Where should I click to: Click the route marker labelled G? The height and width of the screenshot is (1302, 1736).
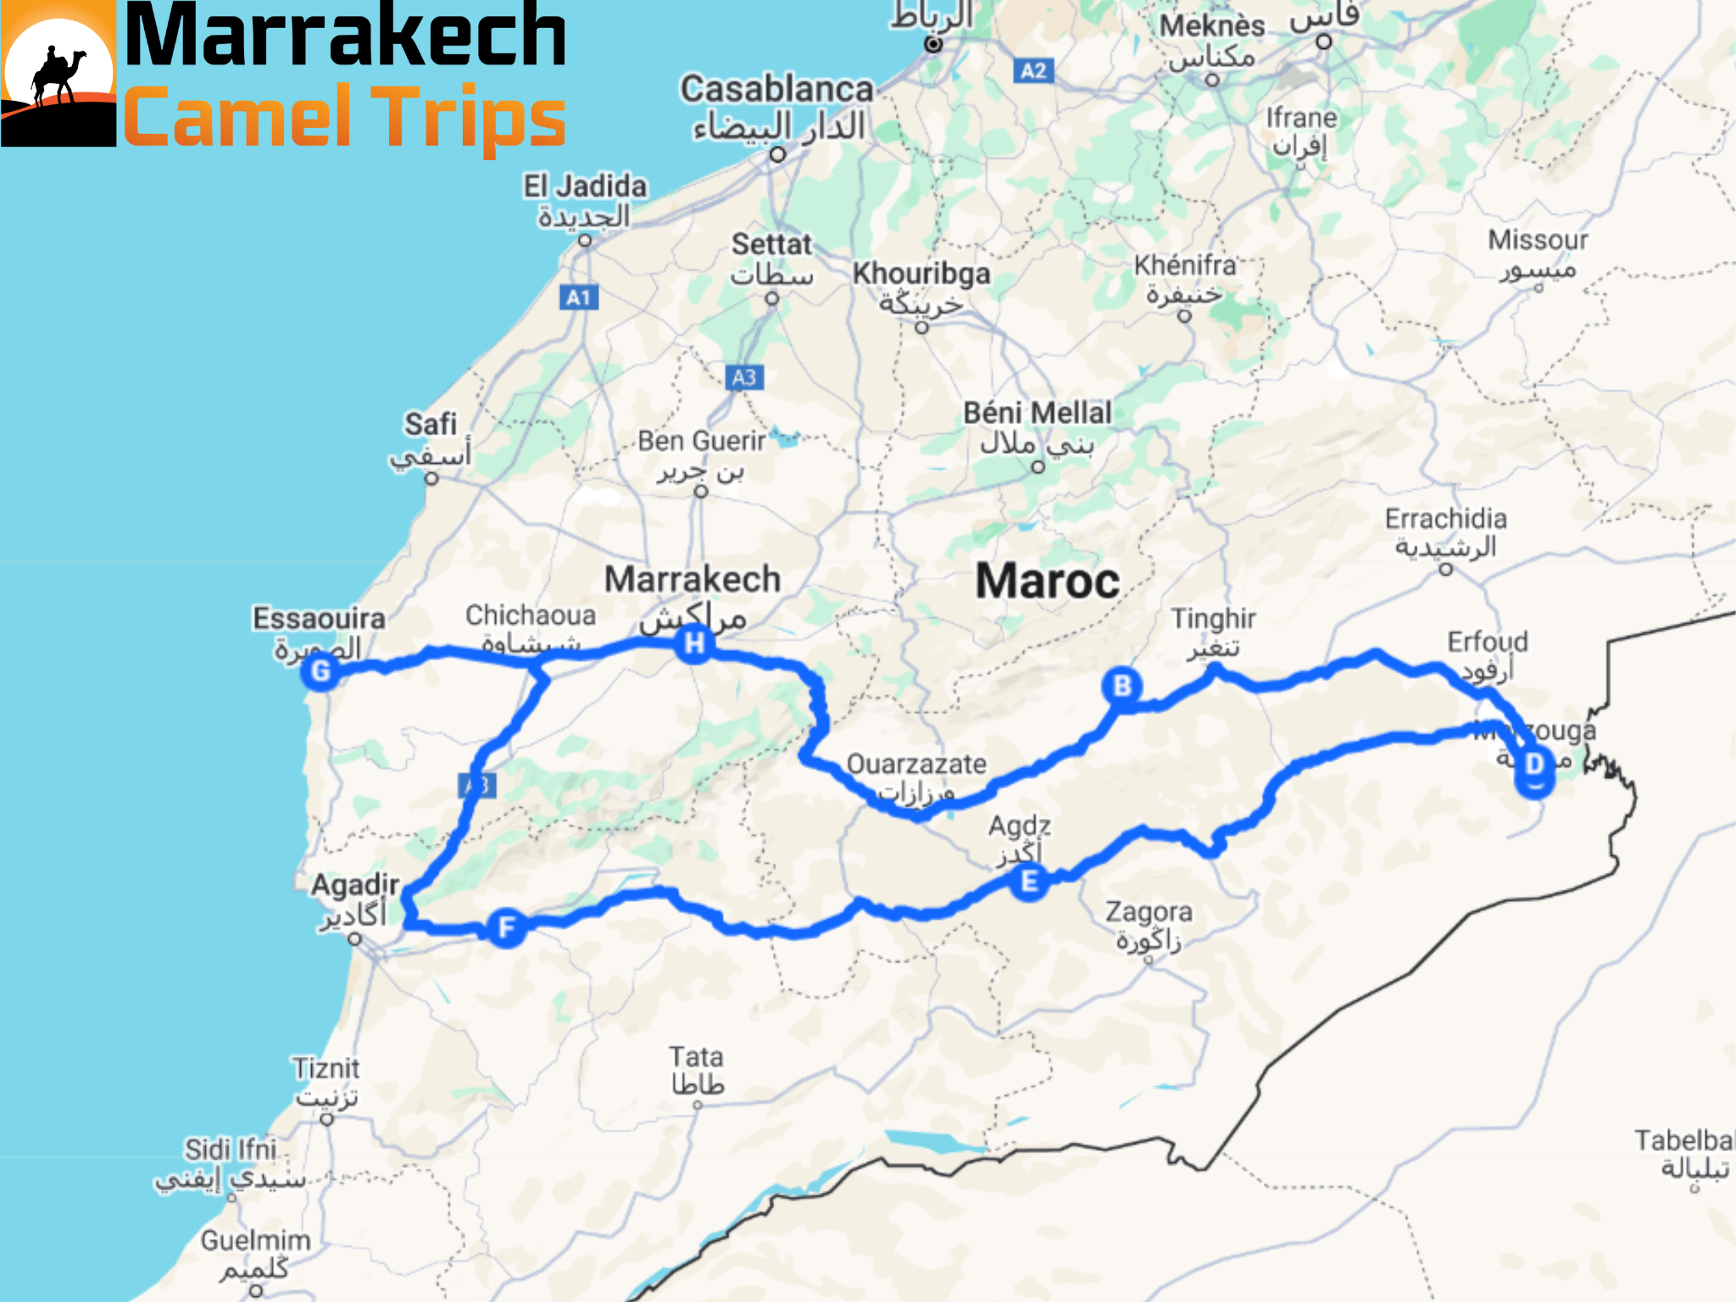(320, 672)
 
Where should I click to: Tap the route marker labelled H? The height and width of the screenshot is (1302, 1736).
(694, 643)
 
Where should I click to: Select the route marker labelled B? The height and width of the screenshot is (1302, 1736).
(1122, 686)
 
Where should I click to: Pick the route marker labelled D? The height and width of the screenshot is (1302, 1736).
(1534, 765)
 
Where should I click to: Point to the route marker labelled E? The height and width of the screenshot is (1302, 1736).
(1029, 882)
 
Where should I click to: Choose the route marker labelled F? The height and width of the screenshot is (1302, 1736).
(507, 927)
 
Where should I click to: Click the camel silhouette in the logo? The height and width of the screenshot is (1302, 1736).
(58, 76)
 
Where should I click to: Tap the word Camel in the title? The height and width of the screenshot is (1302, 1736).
(236, 117)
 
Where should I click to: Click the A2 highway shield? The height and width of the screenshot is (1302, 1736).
(1033, 70)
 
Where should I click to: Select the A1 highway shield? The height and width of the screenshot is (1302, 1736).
(579, 298)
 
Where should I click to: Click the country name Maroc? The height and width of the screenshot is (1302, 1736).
(1048, 581)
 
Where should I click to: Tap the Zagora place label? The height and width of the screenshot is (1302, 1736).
(1149, 912)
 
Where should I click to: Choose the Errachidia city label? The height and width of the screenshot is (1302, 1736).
(1445, 519)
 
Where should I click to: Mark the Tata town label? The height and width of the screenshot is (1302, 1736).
(696, 1057)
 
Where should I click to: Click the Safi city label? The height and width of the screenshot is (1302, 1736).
(431, 425)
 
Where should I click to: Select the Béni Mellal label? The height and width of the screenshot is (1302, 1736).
(1037, 414)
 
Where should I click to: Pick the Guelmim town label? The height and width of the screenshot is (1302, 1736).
(255, 1241)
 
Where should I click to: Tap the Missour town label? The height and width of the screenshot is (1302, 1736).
(1538, 241)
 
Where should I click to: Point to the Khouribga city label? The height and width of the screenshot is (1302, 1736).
(921, 274)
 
